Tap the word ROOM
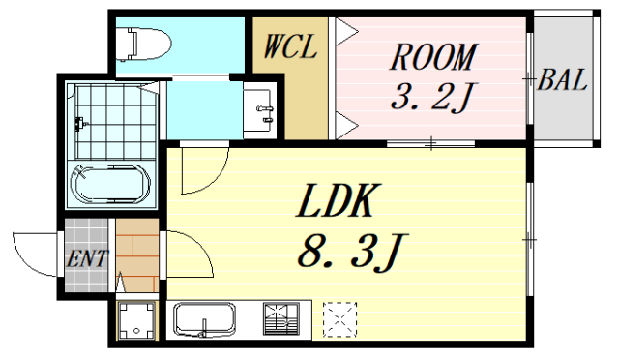(432, 57)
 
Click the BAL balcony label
(563, 81)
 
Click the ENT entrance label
(88, 259)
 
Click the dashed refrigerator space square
(340, 318)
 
